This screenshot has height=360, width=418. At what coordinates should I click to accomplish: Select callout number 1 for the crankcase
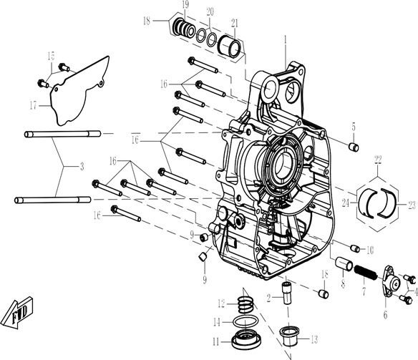(285, 37)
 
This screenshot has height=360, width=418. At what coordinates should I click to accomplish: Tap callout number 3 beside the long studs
(82, 166)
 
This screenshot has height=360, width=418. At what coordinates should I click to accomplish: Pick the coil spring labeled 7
(364, 273)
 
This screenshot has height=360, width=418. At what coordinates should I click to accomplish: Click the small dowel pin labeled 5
(352, 147)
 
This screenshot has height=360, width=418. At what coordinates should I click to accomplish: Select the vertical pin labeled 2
(286, 292)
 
